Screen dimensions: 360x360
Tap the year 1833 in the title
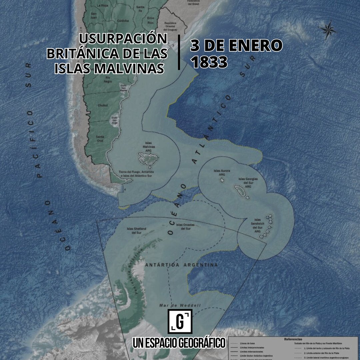(x=209, y=62)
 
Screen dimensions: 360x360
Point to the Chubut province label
(x=103, y=105)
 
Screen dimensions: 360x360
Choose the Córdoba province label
(x=123, y=21)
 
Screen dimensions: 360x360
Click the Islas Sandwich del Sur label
(x=257, y=225)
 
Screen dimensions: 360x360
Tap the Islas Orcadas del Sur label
(x=183, y=227)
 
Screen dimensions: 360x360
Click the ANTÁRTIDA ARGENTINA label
(x=182, y=265)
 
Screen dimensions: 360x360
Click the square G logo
(x=180, y=321)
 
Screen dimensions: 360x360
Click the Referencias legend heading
(x=293, y=339)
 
